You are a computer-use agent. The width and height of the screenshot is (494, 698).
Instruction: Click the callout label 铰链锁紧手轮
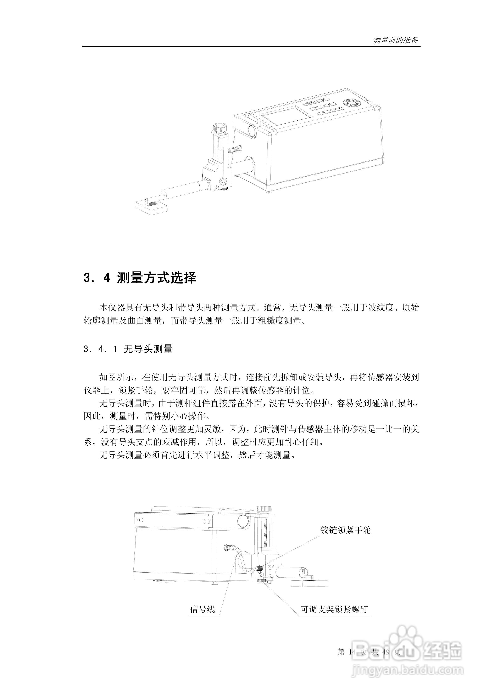[346, 530]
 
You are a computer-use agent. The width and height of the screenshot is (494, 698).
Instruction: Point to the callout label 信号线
[202, 609]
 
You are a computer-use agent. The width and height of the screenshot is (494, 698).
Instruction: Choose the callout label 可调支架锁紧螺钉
[334, 609]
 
